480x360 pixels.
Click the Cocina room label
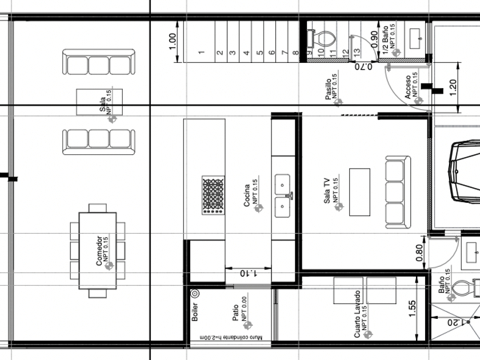(x=247, y=195)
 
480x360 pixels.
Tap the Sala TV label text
(x=327, y=191)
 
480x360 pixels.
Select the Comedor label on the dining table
(x=99, y=250)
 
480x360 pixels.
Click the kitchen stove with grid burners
(x=213, y=195)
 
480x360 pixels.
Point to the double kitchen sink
(x=282, y=195)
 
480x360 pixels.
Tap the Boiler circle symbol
(x=195, y=294)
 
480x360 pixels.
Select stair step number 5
(x=260, y=53)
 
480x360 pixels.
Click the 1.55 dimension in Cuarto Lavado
(x=412, y=309)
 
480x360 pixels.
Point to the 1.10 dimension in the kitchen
(x=248, y=273)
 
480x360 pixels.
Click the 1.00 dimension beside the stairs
(x=173, y=41)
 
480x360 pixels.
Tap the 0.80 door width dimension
(x=419, y=253)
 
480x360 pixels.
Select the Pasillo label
(x=328, y=89)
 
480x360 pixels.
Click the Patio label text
(x=235, y=313)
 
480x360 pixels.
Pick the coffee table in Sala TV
(x=359, y=192)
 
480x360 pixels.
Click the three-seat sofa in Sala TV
(x=398, y=192)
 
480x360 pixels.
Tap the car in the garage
(x=464, y=172)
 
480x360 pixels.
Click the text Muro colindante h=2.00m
(x=231, y=337)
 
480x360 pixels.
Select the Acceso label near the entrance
(x=408, y=87)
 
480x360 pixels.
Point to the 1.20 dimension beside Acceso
(x=453, y=87)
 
